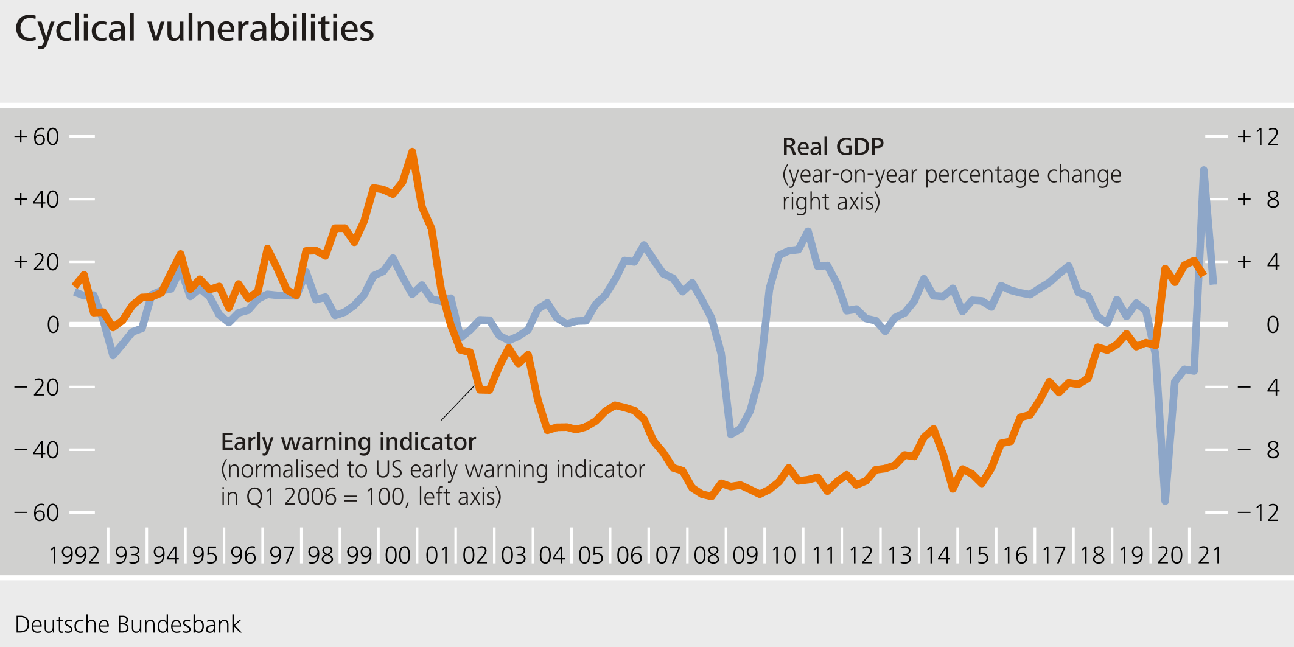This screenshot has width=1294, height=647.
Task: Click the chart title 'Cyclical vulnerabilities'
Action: (x=194, y=29)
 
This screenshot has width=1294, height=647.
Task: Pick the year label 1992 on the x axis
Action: (x=74, y=555)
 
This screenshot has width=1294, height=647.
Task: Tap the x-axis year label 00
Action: (x=398, y=555)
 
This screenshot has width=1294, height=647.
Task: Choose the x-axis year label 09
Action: (x=745, y=555)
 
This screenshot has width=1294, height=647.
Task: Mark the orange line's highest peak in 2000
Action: (x=412, y=152)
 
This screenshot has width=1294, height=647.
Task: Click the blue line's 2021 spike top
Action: (x=1203, y=170)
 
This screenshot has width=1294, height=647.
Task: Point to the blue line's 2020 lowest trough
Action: (x=1165, y=501)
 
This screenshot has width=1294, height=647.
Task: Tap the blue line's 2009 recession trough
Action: (x=731, y=434)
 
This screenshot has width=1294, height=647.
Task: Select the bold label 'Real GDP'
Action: (x=833, y=147)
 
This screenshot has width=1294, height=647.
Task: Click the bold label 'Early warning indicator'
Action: (x=348, y=442)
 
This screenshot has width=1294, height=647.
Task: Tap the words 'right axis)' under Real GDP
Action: (x=831, y=201)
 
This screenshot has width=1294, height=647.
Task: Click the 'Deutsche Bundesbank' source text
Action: (x=128, y=624)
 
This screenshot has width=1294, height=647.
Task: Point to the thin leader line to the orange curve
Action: (x=458, y=403)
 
